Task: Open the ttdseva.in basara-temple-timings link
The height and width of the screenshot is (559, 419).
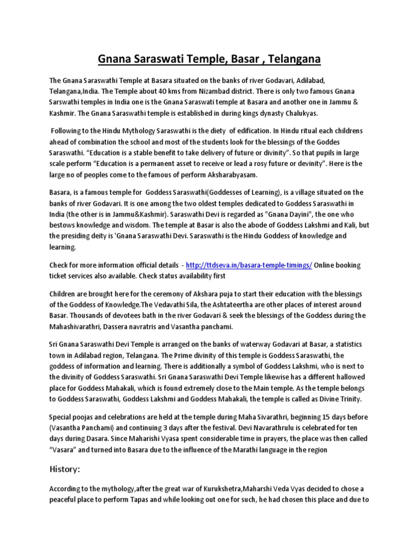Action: click(249, 265)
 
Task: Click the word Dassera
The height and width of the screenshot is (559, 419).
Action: click(125, 326)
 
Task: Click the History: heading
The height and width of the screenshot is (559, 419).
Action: click(65, 470)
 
